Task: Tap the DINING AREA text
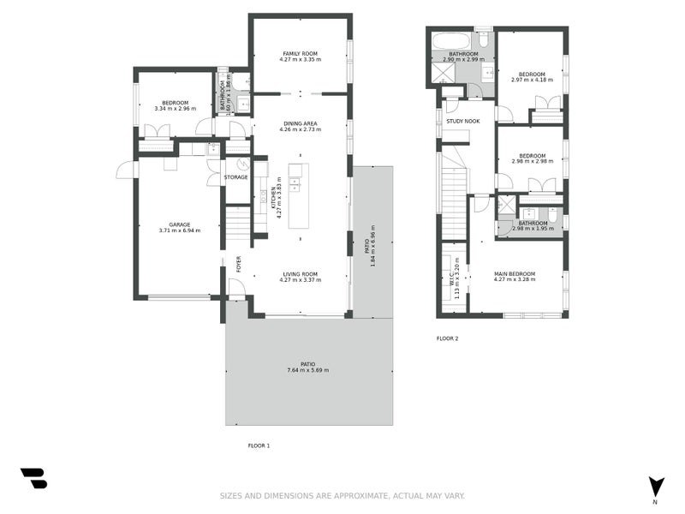(300, 123)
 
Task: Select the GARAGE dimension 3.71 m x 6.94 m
(180, 230)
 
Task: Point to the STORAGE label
(235, 177)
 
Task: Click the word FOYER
(239, 265)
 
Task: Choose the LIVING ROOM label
(300, 273)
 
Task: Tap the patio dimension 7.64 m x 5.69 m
(307, 370)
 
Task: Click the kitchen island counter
(299, 195)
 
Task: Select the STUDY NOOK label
(462, 122)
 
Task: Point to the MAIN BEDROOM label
(515, 273)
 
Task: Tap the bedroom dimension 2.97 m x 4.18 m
(532, 80)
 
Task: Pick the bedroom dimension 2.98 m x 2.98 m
(532, 160)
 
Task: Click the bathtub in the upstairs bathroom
(450, 40)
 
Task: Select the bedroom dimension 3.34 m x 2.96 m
(175, 109)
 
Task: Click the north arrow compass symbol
(656, 487)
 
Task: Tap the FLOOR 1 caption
(259, 445)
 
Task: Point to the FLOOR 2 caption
(447, 338)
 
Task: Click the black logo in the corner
(33, 478)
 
